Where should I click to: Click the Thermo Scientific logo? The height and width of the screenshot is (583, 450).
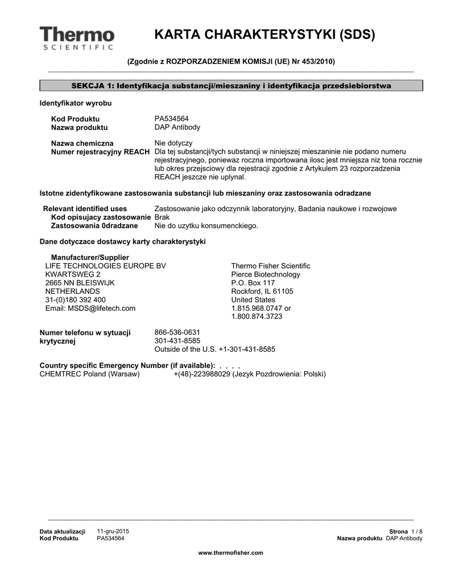click(x=77, y=38)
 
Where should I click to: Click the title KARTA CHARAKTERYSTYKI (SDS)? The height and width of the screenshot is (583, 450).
click(x=265, y=35)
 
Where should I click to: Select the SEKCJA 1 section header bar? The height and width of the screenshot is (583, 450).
click(x=231, y=86)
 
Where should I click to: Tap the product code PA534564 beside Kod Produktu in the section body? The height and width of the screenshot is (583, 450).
click(x=172, y=118)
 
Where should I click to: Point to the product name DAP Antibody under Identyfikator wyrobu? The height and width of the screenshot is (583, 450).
click(x=177, y=128)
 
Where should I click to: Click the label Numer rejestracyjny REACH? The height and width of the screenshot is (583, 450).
click(x=101, y=152)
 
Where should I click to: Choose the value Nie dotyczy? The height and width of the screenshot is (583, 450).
click(x=174, y=143)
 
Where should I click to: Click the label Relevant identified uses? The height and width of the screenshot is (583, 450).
click(x=85, y=209)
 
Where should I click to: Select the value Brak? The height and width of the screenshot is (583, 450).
click(x=162, y=217)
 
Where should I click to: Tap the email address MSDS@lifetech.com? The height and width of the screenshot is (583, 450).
click(x=90, y=309)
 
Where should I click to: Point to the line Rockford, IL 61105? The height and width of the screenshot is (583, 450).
click(x=262, y=291)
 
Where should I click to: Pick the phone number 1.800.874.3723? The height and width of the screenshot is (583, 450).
click(x=257, y=317)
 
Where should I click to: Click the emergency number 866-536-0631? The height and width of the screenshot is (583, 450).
click(x=177, y=332)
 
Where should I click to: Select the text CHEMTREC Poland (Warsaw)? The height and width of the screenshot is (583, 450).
click(x=89, y=374)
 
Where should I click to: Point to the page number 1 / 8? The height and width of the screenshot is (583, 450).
click(x=416, y=531)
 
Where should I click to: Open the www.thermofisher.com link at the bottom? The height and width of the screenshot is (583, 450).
click(x=230, y=553)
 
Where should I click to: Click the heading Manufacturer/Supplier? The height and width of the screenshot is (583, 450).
click(x=90, y=257)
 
